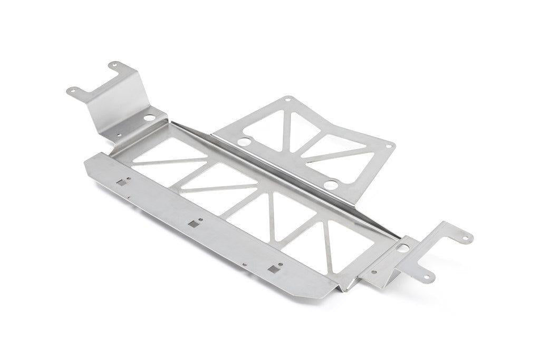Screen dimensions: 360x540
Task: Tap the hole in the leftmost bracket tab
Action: (x=71, y=91)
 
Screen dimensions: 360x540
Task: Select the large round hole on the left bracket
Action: (x=149, y=118)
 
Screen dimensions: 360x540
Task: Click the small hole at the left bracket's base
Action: (x=119, y=135)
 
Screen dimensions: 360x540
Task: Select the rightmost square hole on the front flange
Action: (x=273, y=269)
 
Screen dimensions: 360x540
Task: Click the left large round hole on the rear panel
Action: (x=244, y=142)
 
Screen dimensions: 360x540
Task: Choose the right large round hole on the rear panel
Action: (x=331, y=184)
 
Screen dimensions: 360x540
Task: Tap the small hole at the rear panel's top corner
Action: (x=287, y=99)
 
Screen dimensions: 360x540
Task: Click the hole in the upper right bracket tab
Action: (x=465, y=237)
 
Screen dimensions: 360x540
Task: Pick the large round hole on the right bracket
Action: (x=402, y=247)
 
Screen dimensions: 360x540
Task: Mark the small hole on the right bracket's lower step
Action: (x=374, y=273)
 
